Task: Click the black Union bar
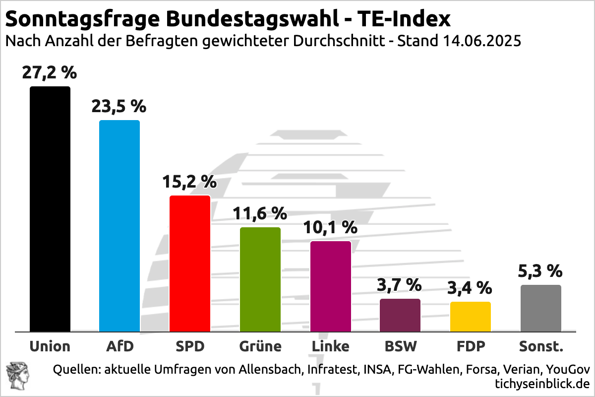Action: pos(50,209)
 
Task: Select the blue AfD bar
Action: pos(119,226)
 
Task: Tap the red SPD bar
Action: pos(190,264)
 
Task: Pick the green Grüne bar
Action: pos(260,279)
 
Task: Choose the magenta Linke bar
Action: pos(331,286)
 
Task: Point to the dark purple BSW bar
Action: pos(400,315)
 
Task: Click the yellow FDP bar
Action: pos(471,317)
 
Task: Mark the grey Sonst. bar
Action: pos(541,308)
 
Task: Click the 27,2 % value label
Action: pos(50,73)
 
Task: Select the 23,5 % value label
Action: pos(119,106)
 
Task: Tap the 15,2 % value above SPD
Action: pos(190,182)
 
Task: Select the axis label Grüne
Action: pos(260,346)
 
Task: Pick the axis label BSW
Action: pos(401,346)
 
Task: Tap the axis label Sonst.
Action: pos(541,346)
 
